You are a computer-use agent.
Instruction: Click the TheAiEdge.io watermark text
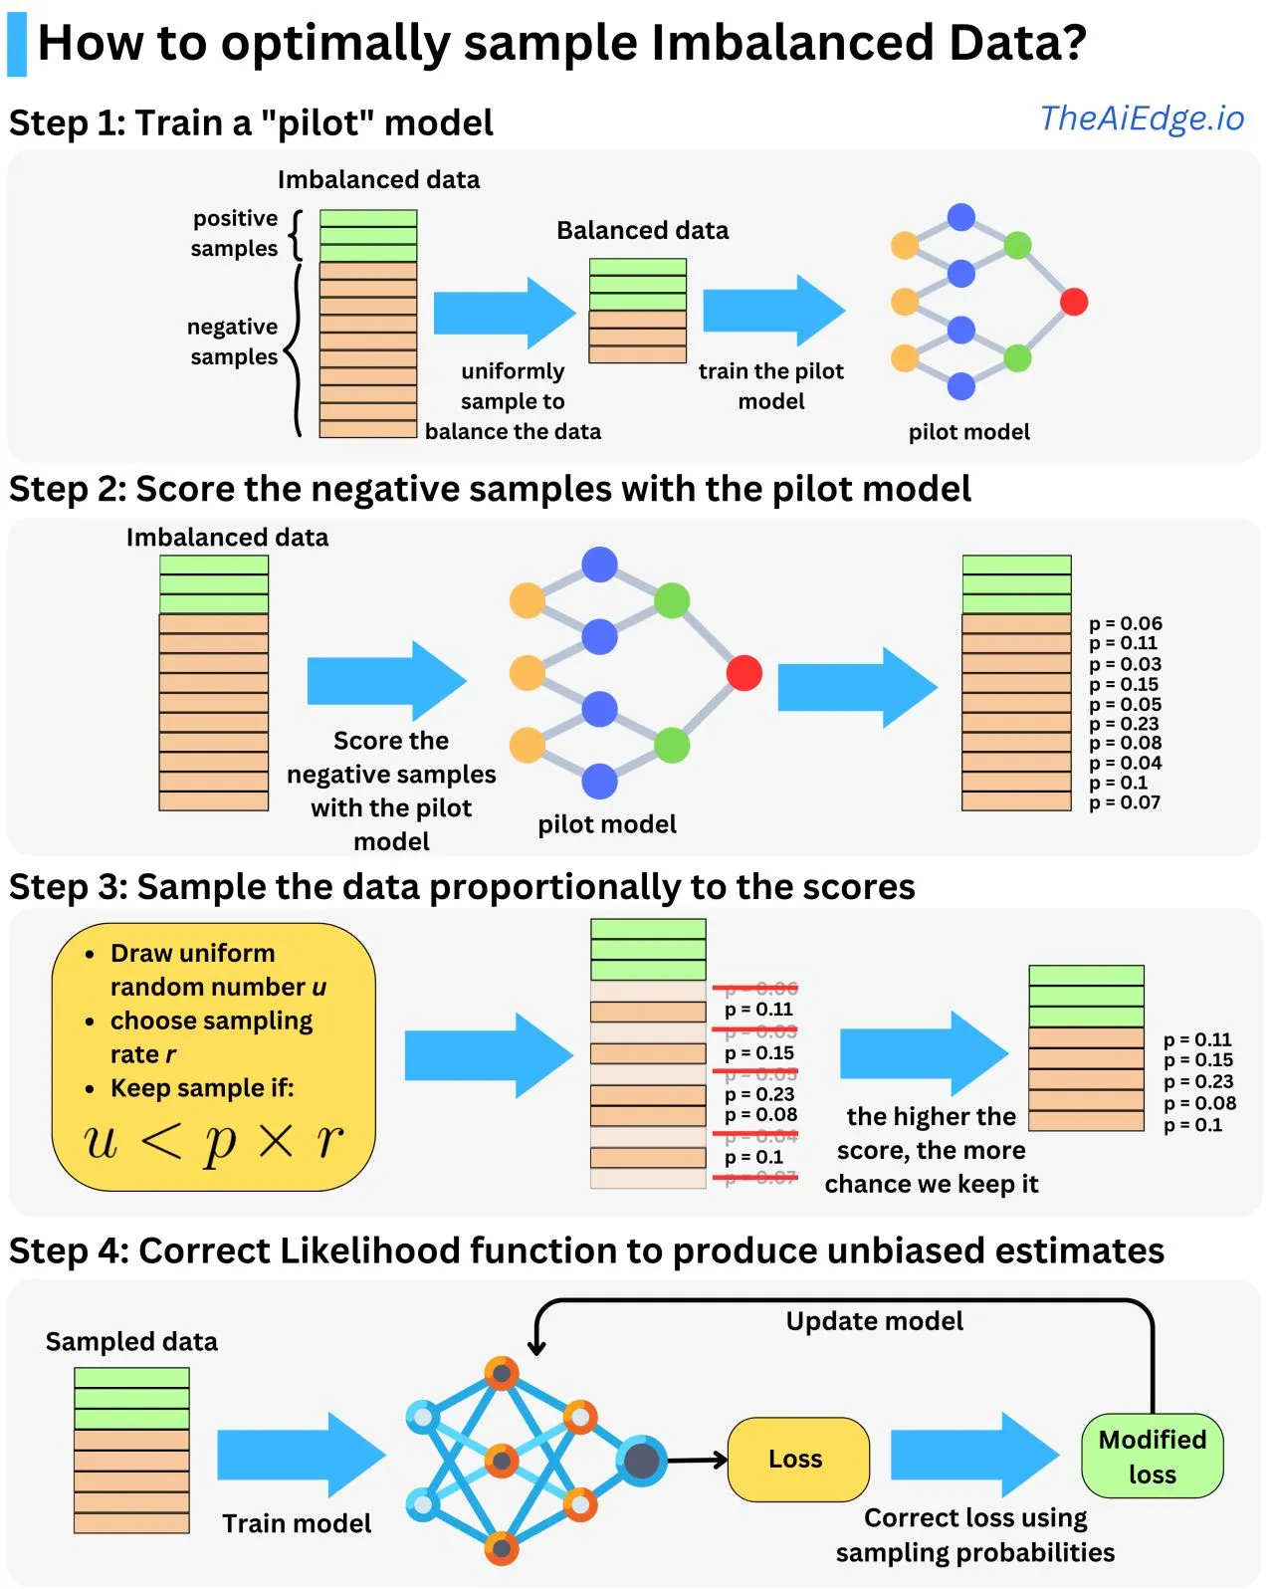coord(1142,118)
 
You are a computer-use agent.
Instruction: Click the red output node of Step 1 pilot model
coord(1074,301)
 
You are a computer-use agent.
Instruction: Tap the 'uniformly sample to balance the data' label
coord(513,401)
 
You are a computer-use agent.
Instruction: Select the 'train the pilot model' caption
coord(770,385)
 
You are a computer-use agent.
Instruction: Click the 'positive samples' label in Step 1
coord(235,233)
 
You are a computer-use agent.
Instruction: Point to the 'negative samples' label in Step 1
coord(233,341)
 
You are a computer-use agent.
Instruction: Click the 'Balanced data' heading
coord(642,230)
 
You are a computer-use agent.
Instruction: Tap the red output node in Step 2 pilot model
coord(743,672)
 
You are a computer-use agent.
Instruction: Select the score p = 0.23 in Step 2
coord(1124,724)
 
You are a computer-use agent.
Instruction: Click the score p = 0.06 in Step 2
coord(1125,623)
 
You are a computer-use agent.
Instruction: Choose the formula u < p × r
coord(213,1141)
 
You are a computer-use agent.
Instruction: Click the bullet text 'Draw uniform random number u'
coord(217,970)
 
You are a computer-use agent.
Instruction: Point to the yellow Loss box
coord(797,1459)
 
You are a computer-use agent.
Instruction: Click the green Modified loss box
coord(1152,1457)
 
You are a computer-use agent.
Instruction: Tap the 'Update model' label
coord(874,1321)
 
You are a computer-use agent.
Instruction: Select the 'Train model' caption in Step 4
coord(297,1523)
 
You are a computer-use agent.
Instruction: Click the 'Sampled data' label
coord(131,1341)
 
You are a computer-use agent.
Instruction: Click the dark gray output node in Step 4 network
coord(642,1461)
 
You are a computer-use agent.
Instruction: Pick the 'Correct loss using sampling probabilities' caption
coord(974,1534)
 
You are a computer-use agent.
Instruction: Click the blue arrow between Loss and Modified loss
coord(972,1455)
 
